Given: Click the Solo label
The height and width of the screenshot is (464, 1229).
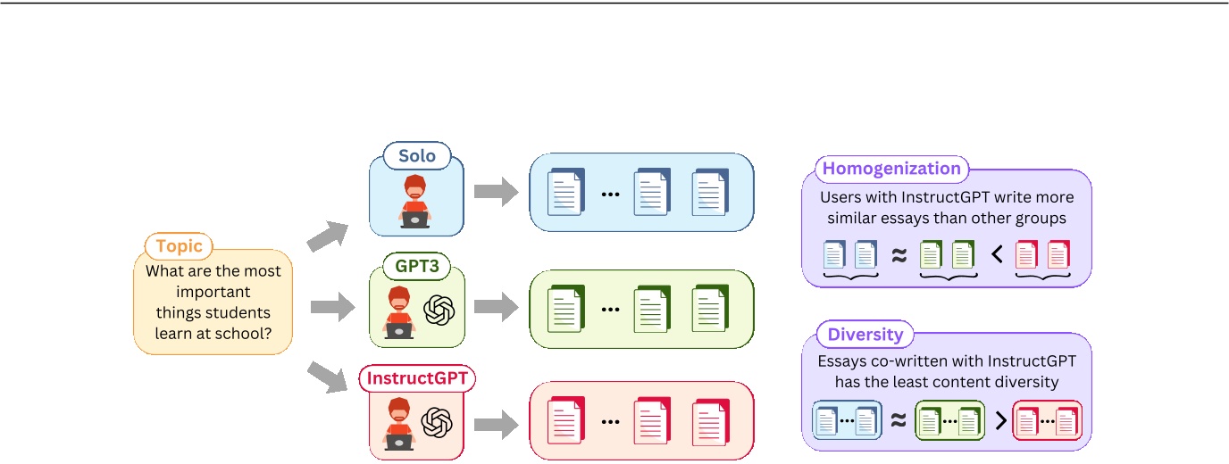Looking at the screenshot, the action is (417, 156).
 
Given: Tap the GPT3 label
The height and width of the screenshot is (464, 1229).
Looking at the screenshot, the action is (417, 266).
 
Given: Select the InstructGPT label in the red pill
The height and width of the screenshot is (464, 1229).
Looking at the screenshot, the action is (417, 378).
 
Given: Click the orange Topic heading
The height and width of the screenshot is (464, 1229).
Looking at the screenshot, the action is (179, 246).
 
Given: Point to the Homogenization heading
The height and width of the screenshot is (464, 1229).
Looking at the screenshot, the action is (891, 168).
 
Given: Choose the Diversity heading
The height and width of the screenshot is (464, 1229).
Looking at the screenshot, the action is (865, 334).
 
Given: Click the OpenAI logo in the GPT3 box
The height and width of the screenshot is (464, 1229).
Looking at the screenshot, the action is (439, 310).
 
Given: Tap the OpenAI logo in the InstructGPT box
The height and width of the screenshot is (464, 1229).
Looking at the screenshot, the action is (437, 422).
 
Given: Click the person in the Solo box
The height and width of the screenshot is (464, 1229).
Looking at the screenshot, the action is (414, 202).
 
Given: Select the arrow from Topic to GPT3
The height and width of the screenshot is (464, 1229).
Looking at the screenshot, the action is (332, 307).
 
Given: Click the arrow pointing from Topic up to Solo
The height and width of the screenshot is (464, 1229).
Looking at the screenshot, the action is (328, 236).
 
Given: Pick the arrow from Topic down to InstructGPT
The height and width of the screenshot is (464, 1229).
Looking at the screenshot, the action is (328, 377).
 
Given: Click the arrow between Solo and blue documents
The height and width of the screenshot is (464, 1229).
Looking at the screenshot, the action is (496, 192).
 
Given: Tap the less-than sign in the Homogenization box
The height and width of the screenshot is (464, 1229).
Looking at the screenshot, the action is (998, 254).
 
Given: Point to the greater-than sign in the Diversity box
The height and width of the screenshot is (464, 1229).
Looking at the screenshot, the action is (1000, 420).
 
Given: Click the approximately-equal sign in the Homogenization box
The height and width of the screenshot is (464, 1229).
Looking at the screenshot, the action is (899, 255).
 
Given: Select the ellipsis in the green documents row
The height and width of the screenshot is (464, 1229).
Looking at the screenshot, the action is (610, 310).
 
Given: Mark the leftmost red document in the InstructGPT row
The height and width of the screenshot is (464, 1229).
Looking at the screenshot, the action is (566, 420).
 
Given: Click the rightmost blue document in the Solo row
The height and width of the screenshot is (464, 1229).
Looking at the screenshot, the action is (711, 192).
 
